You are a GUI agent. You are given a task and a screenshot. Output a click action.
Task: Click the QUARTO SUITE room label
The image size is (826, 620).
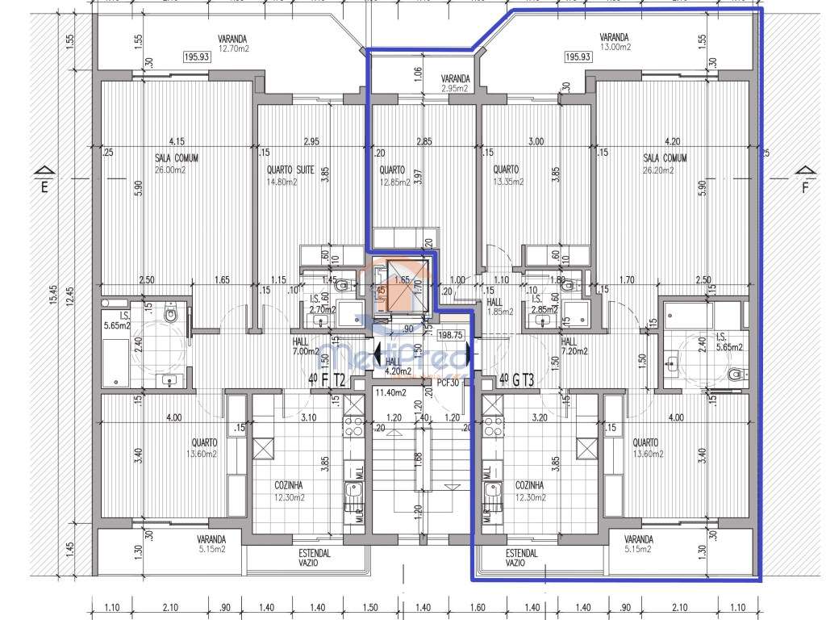click(290, 170)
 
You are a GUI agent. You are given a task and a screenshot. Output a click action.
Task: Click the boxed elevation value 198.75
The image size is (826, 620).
click(453, 333)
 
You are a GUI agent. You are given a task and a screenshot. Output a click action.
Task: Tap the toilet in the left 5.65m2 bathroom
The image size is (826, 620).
click(169, 313)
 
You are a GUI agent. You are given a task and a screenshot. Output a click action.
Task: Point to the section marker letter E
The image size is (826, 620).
click(45, 187)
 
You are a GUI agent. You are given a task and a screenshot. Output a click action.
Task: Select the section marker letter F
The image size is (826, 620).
click(803, 187)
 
